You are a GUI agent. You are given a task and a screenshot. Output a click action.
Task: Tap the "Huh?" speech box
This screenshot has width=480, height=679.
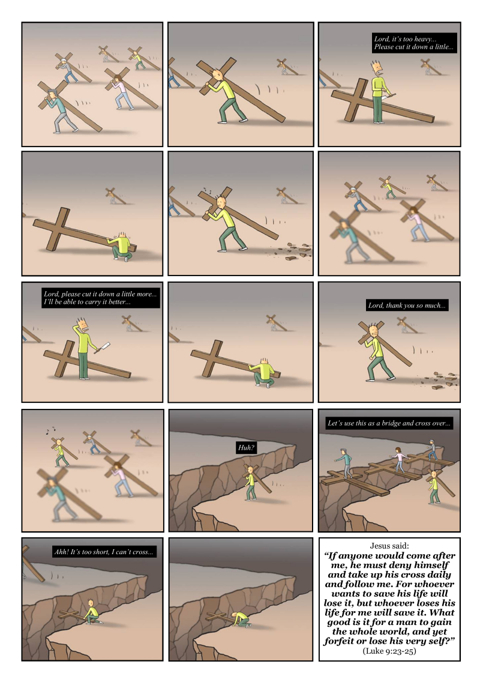(246, 447)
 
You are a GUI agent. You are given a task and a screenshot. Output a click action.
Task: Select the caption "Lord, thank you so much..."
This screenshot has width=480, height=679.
(406, 306)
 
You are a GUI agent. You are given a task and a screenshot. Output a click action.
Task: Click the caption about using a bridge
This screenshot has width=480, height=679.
(389, 423)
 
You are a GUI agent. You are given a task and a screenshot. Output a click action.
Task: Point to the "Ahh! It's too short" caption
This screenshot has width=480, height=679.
(103, 552)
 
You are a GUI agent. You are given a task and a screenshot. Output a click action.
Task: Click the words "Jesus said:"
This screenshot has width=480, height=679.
(389, 546)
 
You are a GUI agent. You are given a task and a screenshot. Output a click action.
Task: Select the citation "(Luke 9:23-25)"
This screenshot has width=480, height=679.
(389, 651)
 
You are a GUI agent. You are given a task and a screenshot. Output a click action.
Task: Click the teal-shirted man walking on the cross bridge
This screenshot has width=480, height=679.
(345, 463)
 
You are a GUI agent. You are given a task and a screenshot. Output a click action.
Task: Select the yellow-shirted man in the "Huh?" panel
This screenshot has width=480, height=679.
(250, 483)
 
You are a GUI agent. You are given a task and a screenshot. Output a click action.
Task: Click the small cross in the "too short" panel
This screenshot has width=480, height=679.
(72, 615)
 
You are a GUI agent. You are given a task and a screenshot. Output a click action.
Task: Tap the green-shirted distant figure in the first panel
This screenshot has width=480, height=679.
(138, 60)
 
